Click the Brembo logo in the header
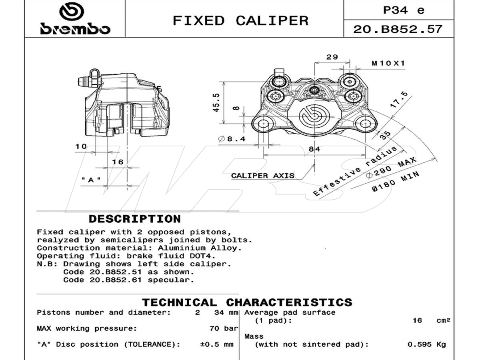(x=74, y=19)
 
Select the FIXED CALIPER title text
(x=240, y=20)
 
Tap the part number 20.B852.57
(x=398, y=29)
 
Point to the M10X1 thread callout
(x=388, y=63)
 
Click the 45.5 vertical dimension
(x=216, y=102)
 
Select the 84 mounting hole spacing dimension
(x=315, y=149)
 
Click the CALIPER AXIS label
(x=262, y=176)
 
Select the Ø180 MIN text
(x=396, y=182)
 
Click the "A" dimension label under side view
(x=91, y=180)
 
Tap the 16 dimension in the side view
(x=118, y=162)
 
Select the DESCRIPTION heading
(x=134, y=219)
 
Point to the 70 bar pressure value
(x=224, y=328)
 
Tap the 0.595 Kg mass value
(x=426, y=344)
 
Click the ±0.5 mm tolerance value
(x=216, y=344)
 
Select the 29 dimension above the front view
(x=332, y=57)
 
